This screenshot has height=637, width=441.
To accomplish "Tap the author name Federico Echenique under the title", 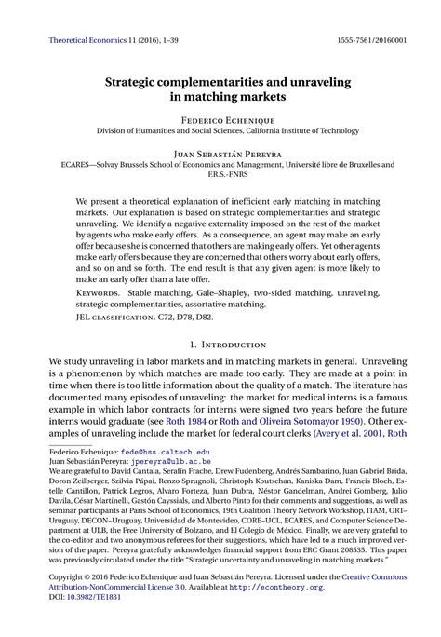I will (220, 120).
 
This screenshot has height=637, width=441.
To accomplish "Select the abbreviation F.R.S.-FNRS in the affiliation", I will (220, 173).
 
